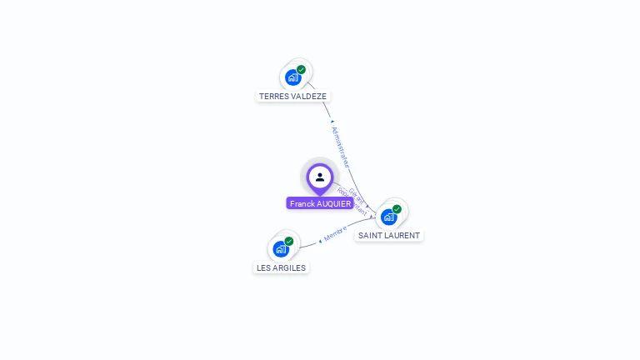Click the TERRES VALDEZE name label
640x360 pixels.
[x=292, y=96]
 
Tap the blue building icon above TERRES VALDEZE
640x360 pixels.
[x=292, y=78]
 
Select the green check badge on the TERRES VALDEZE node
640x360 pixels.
[x=301, y=70]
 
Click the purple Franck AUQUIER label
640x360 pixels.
[x=320, y=203]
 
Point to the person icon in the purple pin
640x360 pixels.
[x=320, y=177]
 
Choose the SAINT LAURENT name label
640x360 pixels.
[x=389, y=235]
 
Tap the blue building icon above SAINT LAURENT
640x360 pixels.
[x=388, y=217]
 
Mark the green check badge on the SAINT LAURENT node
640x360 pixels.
[x=397, y=209]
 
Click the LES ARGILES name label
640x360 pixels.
[x=281, y=267]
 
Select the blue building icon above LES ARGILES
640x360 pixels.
[x=281, y=249]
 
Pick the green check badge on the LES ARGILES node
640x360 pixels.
[x=289, y=241]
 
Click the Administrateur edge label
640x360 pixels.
[x=340, y=147]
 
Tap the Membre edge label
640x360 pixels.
[x=335, y=232]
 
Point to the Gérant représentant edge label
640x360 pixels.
[x=357, y=201]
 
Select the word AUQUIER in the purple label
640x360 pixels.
[x=334, y=203]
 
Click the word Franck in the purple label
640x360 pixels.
[x=302, y=203]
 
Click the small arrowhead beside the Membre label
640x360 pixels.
[x=320, y=241]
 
